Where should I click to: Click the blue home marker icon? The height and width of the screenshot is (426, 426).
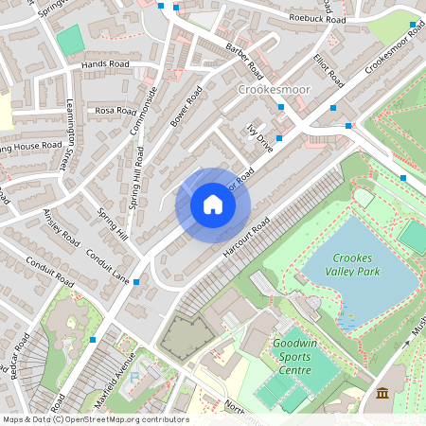pos(213,204)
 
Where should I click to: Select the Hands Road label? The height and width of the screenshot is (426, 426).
pos(105,64)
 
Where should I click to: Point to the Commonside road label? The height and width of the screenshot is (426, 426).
pos(149,110)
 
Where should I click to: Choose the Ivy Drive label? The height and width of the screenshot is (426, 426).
pos(258,138)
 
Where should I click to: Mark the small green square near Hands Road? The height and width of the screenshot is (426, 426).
pos(69,40)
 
